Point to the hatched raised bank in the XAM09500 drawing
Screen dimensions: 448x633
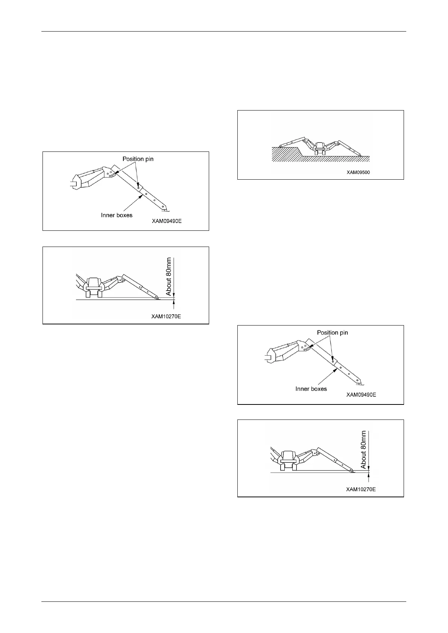pos(284,154)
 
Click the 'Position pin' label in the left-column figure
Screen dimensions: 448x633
pos(138,159)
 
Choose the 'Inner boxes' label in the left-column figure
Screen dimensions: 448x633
pos(117,215)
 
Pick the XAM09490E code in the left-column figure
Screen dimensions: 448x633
pos(167,221)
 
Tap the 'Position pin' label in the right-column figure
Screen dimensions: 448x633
pos(332,333)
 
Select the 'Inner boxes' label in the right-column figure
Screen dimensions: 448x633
pos(311,389)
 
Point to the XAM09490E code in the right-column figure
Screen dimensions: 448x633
pos(361,395)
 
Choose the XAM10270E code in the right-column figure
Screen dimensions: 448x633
pos(361,489)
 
